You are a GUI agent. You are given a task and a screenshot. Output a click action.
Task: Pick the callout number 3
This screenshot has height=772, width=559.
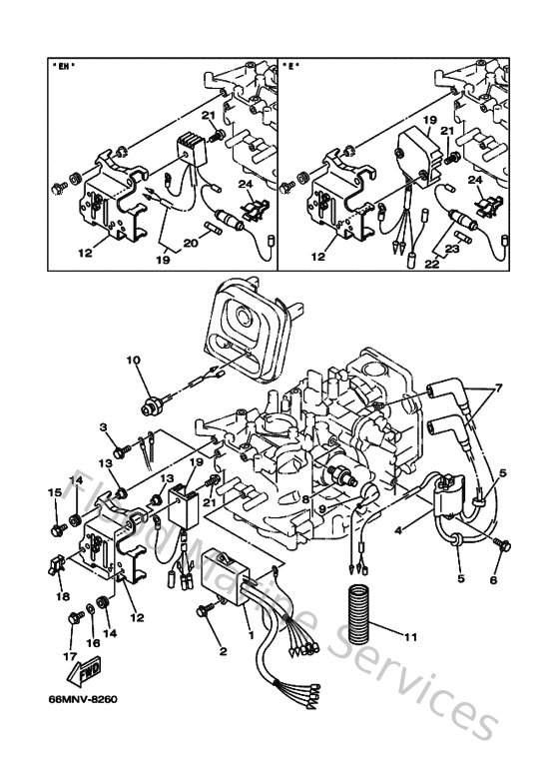tap(102, 428)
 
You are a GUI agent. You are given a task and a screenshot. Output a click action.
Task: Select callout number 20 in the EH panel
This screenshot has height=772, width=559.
tap(192, 240)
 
